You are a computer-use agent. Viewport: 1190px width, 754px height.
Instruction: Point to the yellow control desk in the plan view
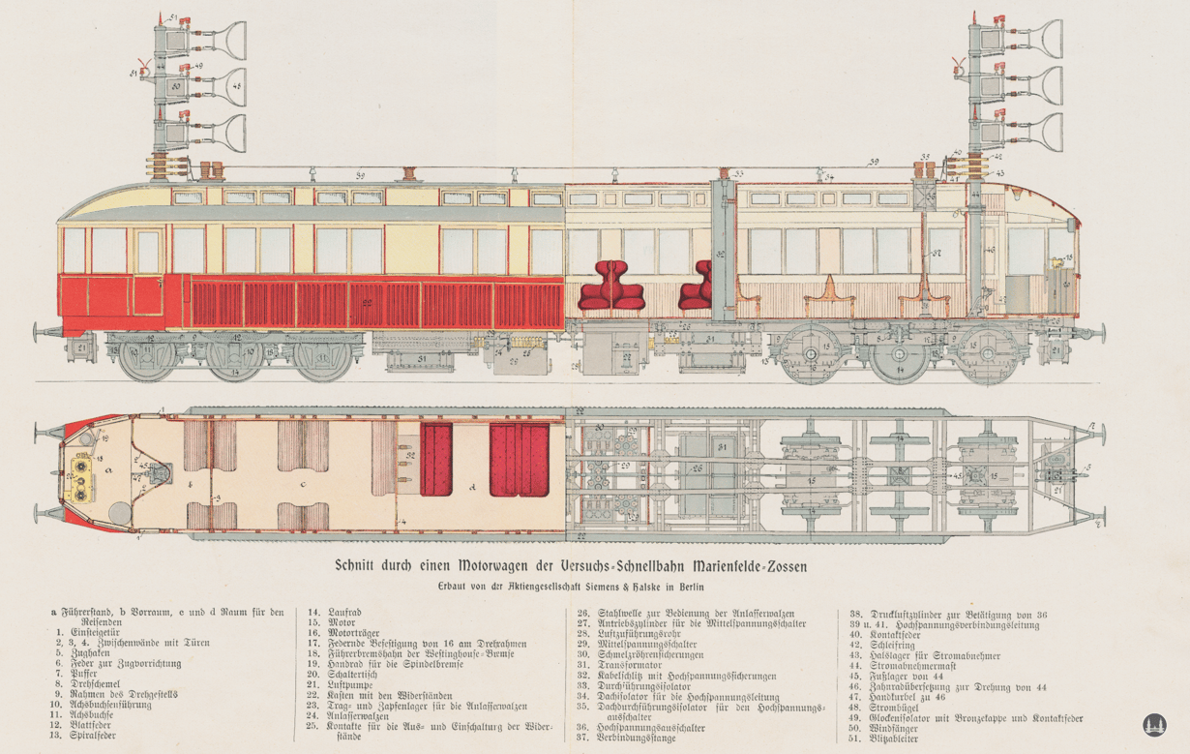point(80,475)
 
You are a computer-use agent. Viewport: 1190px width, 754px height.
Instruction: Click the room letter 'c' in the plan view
point(304,485)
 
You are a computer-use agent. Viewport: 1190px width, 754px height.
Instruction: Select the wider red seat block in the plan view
point(520,456)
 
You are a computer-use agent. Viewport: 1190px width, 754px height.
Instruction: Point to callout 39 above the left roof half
point(360,175)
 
